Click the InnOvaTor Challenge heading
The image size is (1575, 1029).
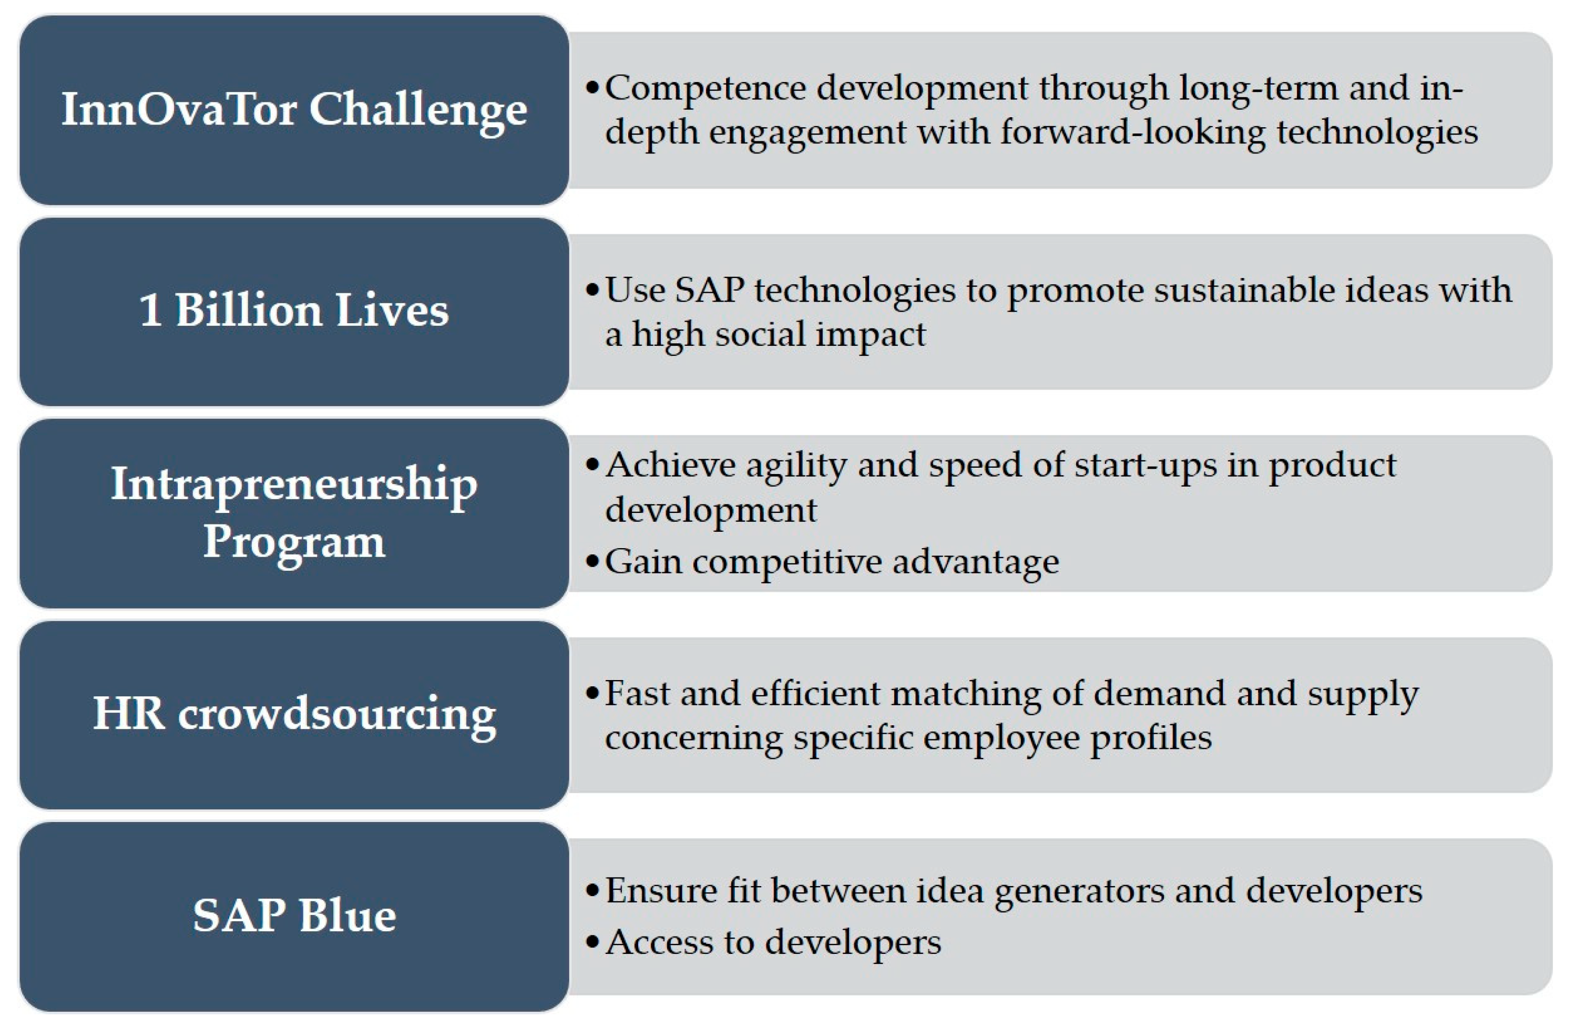294,110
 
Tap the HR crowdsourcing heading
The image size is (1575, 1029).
294,715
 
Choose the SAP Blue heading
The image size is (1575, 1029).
294,916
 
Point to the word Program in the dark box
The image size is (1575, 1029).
294,543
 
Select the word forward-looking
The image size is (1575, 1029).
1132,133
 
